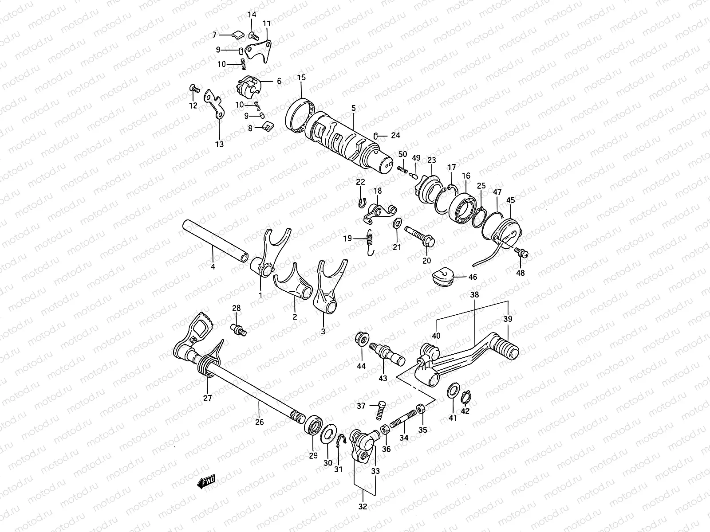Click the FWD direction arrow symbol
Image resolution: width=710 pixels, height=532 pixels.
206,481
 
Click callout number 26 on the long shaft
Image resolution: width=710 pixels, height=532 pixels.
259,422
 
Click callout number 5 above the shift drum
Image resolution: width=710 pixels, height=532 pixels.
353,108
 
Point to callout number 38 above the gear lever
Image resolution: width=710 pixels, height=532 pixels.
474,294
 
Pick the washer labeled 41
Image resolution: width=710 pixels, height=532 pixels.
453,390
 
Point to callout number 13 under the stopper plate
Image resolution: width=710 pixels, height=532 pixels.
220,144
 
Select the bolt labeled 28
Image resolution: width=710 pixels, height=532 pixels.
238,329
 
